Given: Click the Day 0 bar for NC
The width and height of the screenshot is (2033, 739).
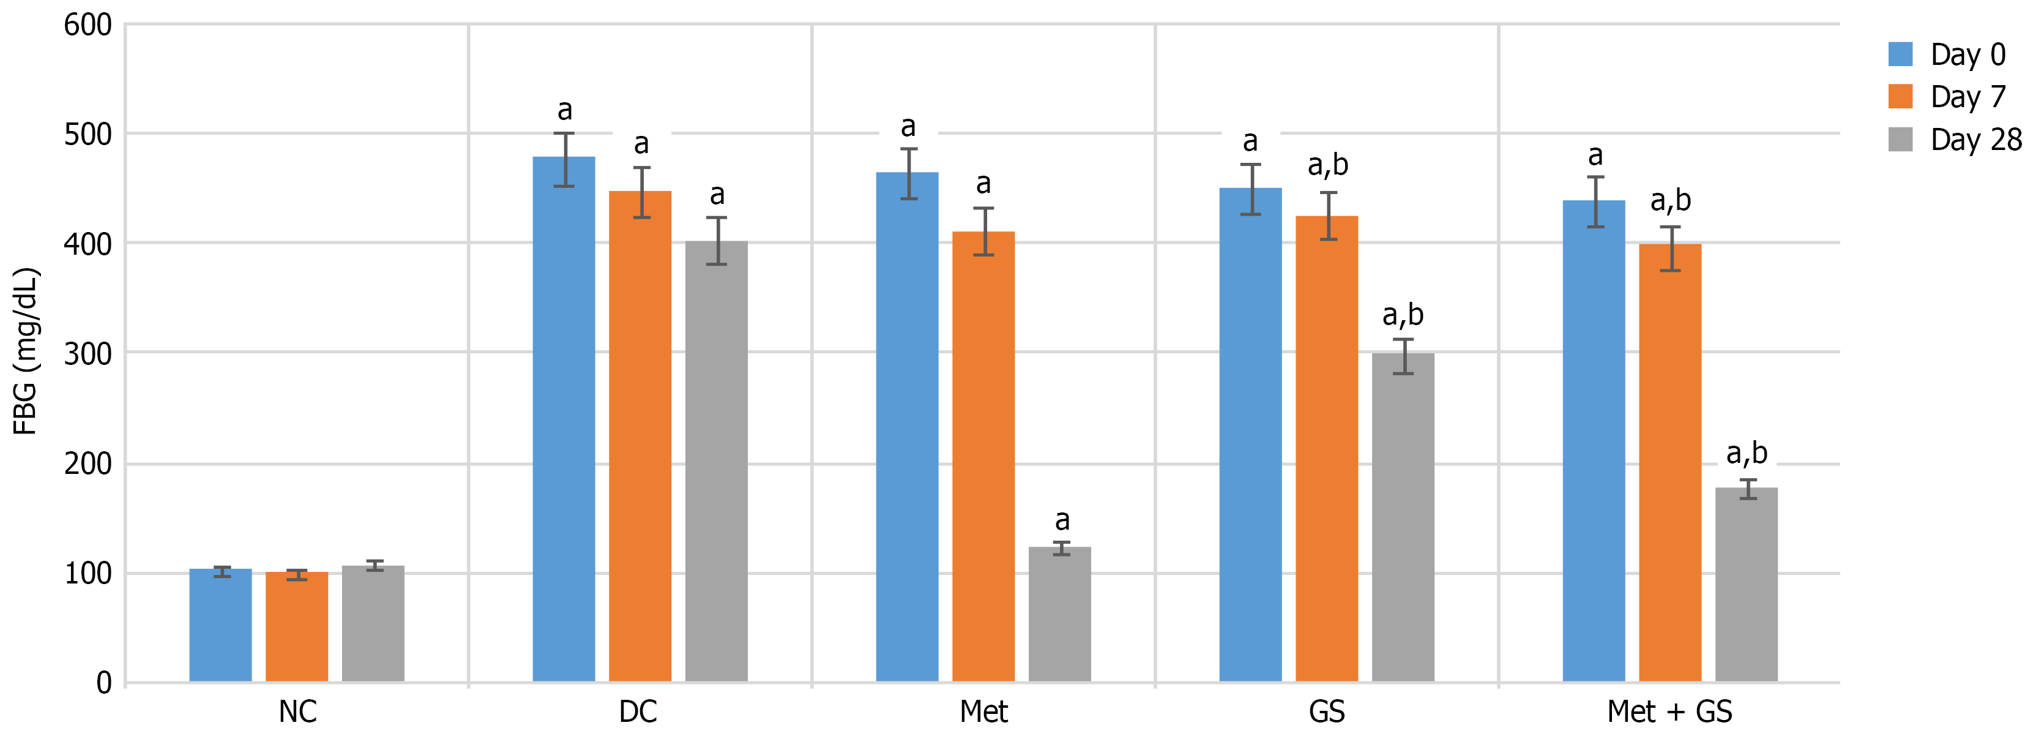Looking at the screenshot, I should point(220,625).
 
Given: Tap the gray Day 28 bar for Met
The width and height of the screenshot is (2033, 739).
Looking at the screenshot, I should point(1060,613).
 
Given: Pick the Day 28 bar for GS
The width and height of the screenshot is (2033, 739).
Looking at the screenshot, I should point(1403,517).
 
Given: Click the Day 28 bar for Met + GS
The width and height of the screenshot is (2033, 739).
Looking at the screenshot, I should point(1746,584).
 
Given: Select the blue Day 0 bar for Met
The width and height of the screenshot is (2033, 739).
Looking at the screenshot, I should point(907,426).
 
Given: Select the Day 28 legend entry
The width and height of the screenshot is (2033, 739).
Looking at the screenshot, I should point(1954,140).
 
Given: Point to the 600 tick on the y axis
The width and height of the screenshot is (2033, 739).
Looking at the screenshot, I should point(88,24).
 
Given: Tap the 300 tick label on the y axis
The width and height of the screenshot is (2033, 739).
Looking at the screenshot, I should point(88,354).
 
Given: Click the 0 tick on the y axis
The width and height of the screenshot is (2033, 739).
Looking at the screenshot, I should point(103,682).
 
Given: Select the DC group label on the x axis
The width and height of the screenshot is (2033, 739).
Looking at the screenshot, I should point(638,712).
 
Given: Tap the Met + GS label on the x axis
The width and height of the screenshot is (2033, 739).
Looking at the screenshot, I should point(1669,712).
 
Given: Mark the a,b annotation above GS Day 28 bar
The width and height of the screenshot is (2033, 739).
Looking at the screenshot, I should point(1403,315).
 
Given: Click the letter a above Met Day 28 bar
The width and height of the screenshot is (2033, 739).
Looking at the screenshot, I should point(1062,520).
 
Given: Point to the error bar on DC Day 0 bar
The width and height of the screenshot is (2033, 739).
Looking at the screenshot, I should point(564,159).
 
